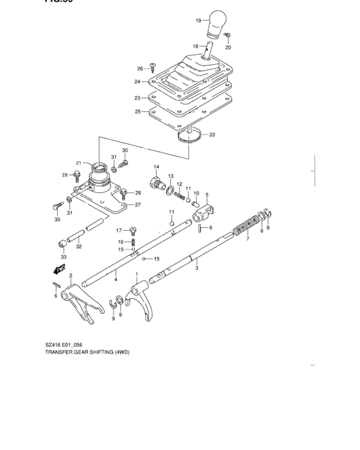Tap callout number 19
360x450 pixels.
pyautogui.click(x=199, y=21)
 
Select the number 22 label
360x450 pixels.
pyautogui.click(x=212, y=134)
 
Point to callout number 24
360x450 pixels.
pyautogui.click(x=137, y=82)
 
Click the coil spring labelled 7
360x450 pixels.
pyautogui.click(x=245, y=228)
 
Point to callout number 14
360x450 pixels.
pyautogui.click(x=156, y=167)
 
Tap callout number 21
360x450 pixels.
pyautogui.click(x=78, y=163)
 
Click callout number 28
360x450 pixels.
pyautogui.click(x=64, y=175)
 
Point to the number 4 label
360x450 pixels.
pyautogui.click(x=115, y=280)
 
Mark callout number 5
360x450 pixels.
pyautogui.click(x=207, y=195)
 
